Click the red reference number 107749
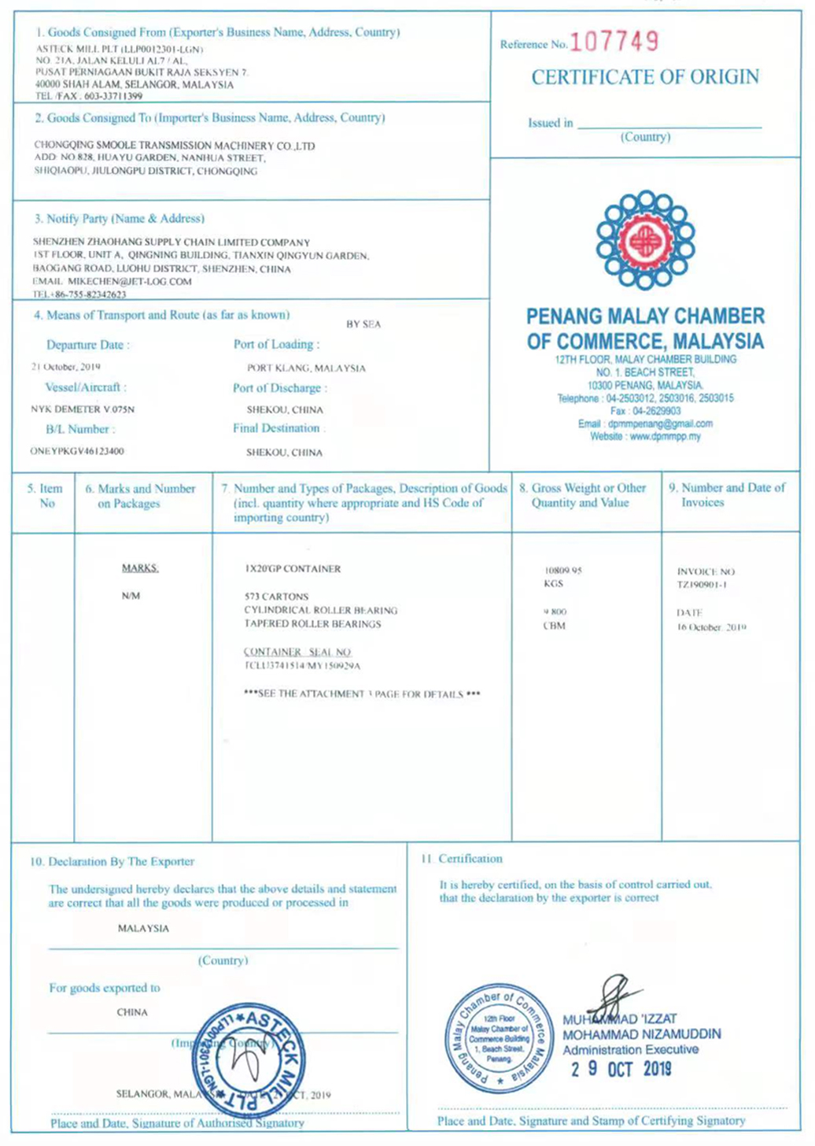[614, 42]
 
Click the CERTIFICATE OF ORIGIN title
[645, 77]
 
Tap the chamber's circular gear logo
[645, 238]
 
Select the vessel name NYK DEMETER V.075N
[83, 409]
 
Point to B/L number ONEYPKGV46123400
[77, 452]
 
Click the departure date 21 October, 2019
[66, 367]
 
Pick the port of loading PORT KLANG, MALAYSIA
[306, 368]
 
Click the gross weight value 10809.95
[562, 571]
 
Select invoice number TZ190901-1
[702, 585]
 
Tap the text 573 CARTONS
[276, 597]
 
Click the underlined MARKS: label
[140, 568]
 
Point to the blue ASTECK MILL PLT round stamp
[249, 1060]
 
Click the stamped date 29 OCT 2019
[621, 1069]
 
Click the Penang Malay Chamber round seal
[498, 1039]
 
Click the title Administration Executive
[630, 1050]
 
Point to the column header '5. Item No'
[45, 496]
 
